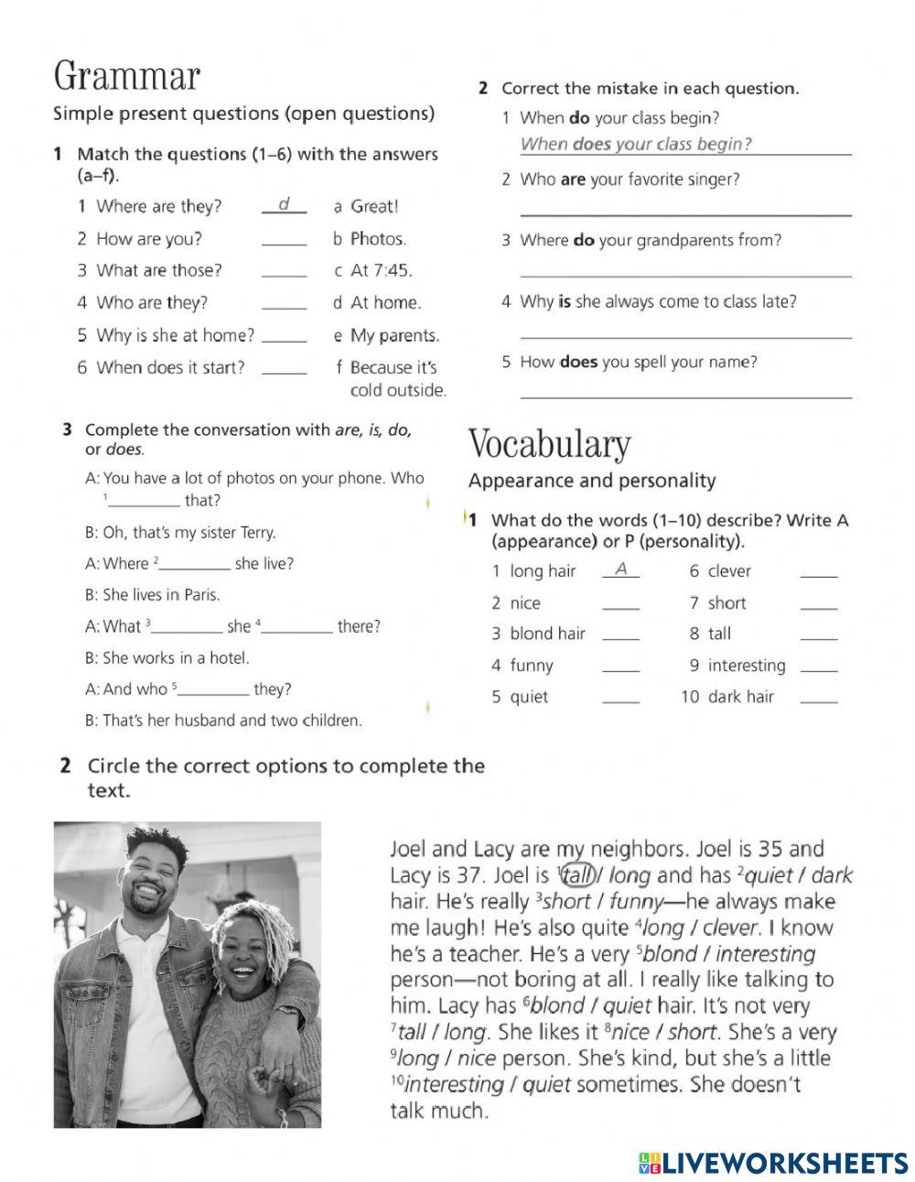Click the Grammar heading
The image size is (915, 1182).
126,75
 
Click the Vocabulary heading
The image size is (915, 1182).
549,444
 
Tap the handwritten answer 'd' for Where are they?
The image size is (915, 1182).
284,204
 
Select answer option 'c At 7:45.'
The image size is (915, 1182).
373,271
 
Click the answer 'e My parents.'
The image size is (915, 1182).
386,336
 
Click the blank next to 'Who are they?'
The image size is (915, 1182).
284,304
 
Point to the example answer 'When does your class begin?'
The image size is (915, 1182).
636,144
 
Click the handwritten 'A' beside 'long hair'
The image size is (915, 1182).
621,569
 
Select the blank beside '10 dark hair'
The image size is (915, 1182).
818,699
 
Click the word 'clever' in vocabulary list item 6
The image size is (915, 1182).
729,571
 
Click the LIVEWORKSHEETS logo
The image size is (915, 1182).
773,1163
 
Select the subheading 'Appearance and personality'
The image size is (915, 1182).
592,481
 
